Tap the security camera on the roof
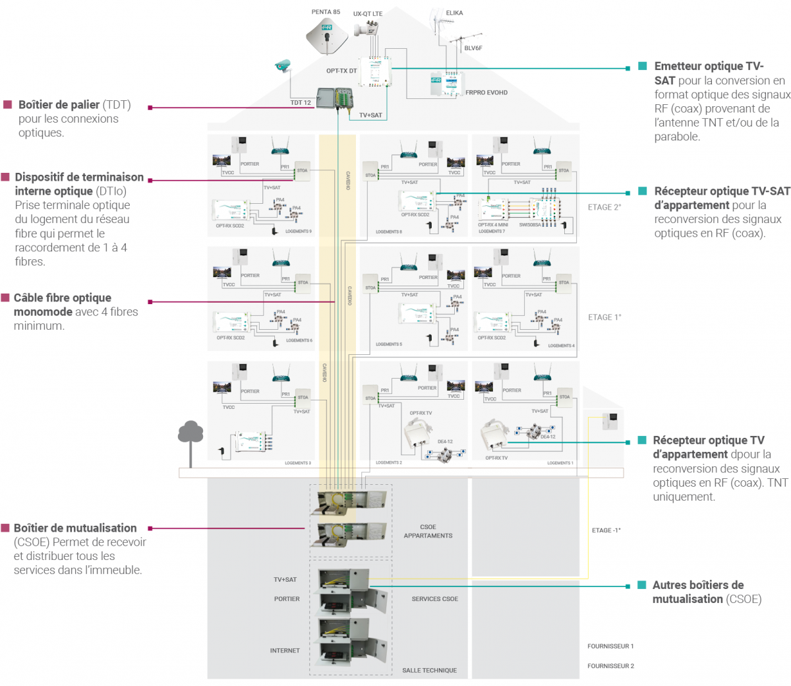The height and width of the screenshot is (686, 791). [x=283, y=65]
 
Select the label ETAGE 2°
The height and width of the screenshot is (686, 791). [x=604, y=207]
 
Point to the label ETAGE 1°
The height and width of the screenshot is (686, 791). [x=604, y=317]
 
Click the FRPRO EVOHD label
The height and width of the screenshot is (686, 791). [x=486, y=92]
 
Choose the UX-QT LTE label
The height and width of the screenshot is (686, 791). [x=367, y=14]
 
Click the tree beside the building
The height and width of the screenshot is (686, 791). [x=190, y=435]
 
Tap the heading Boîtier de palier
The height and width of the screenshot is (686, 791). [x=59, y=105]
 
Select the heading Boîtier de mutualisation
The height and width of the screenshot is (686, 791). [x=75, y=528]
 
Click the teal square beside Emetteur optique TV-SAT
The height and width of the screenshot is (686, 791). [x=643, y=67]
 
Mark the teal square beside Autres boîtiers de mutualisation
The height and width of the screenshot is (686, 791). [x=642, y=585]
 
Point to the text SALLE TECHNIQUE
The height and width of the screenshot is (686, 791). [x=429, y=670]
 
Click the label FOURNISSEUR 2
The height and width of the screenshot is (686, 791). [x=610, y=666]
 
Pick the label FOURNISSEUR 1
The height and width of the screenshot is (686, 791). [x=610, y=646]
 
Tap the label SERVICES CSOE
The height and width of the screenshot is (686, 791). [x=434, y=599]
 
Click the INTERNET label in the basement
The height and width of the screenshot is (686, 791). [x=285, y=650]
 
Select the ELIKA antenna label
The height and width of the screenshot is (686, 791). [x=454, y=13]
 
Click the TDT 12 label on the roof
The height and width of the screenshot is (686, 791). [x=301, y=102]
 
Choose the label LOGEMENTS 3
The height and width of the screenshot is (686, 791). [x=297, y=463]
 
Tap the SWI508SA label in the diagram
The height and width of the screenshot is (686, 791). [x=529, y=225]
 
